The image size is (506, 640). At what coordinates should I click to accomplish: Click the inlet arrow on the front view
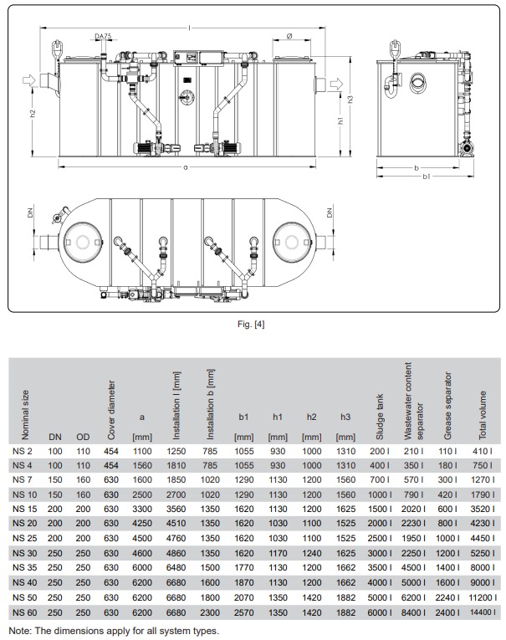30,79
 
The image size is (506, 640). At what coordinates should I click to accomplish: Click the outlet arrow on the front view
336,84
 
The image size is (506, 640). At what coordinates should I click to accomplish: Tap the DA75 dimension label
103,36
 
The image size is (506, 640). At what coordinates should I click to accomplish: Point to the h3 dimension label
350,100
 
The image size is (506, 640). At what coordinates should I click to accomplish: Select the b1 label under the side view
426,177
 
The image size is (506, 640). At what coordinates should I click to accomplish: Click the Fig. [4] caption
251,324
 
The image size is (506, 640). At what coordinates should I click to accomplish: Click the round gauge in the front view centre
187,98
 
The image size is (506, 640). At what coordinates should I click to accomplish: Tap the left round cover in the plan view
83,242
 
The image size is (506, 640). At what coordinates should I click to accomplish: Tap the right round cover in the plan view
291,242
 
